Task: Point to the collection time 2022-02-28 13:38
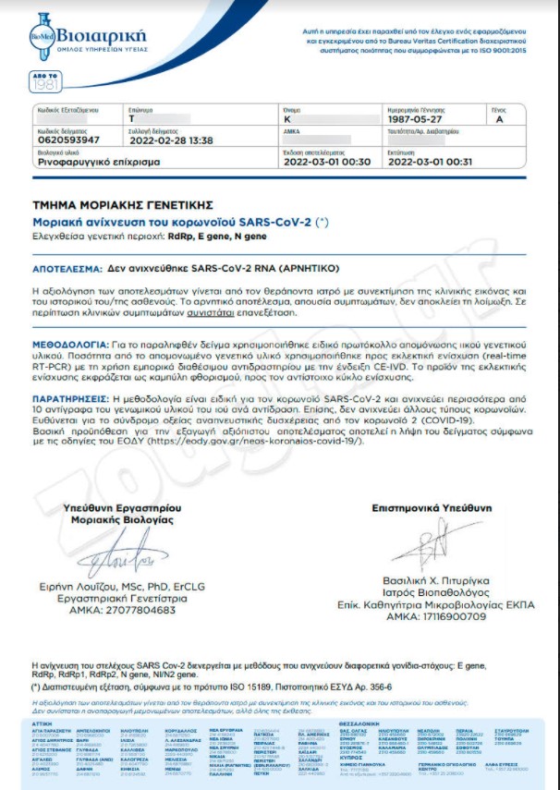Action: pos(170,140)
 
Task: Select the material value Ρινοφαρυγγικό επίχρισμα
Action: pos(98,161)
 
